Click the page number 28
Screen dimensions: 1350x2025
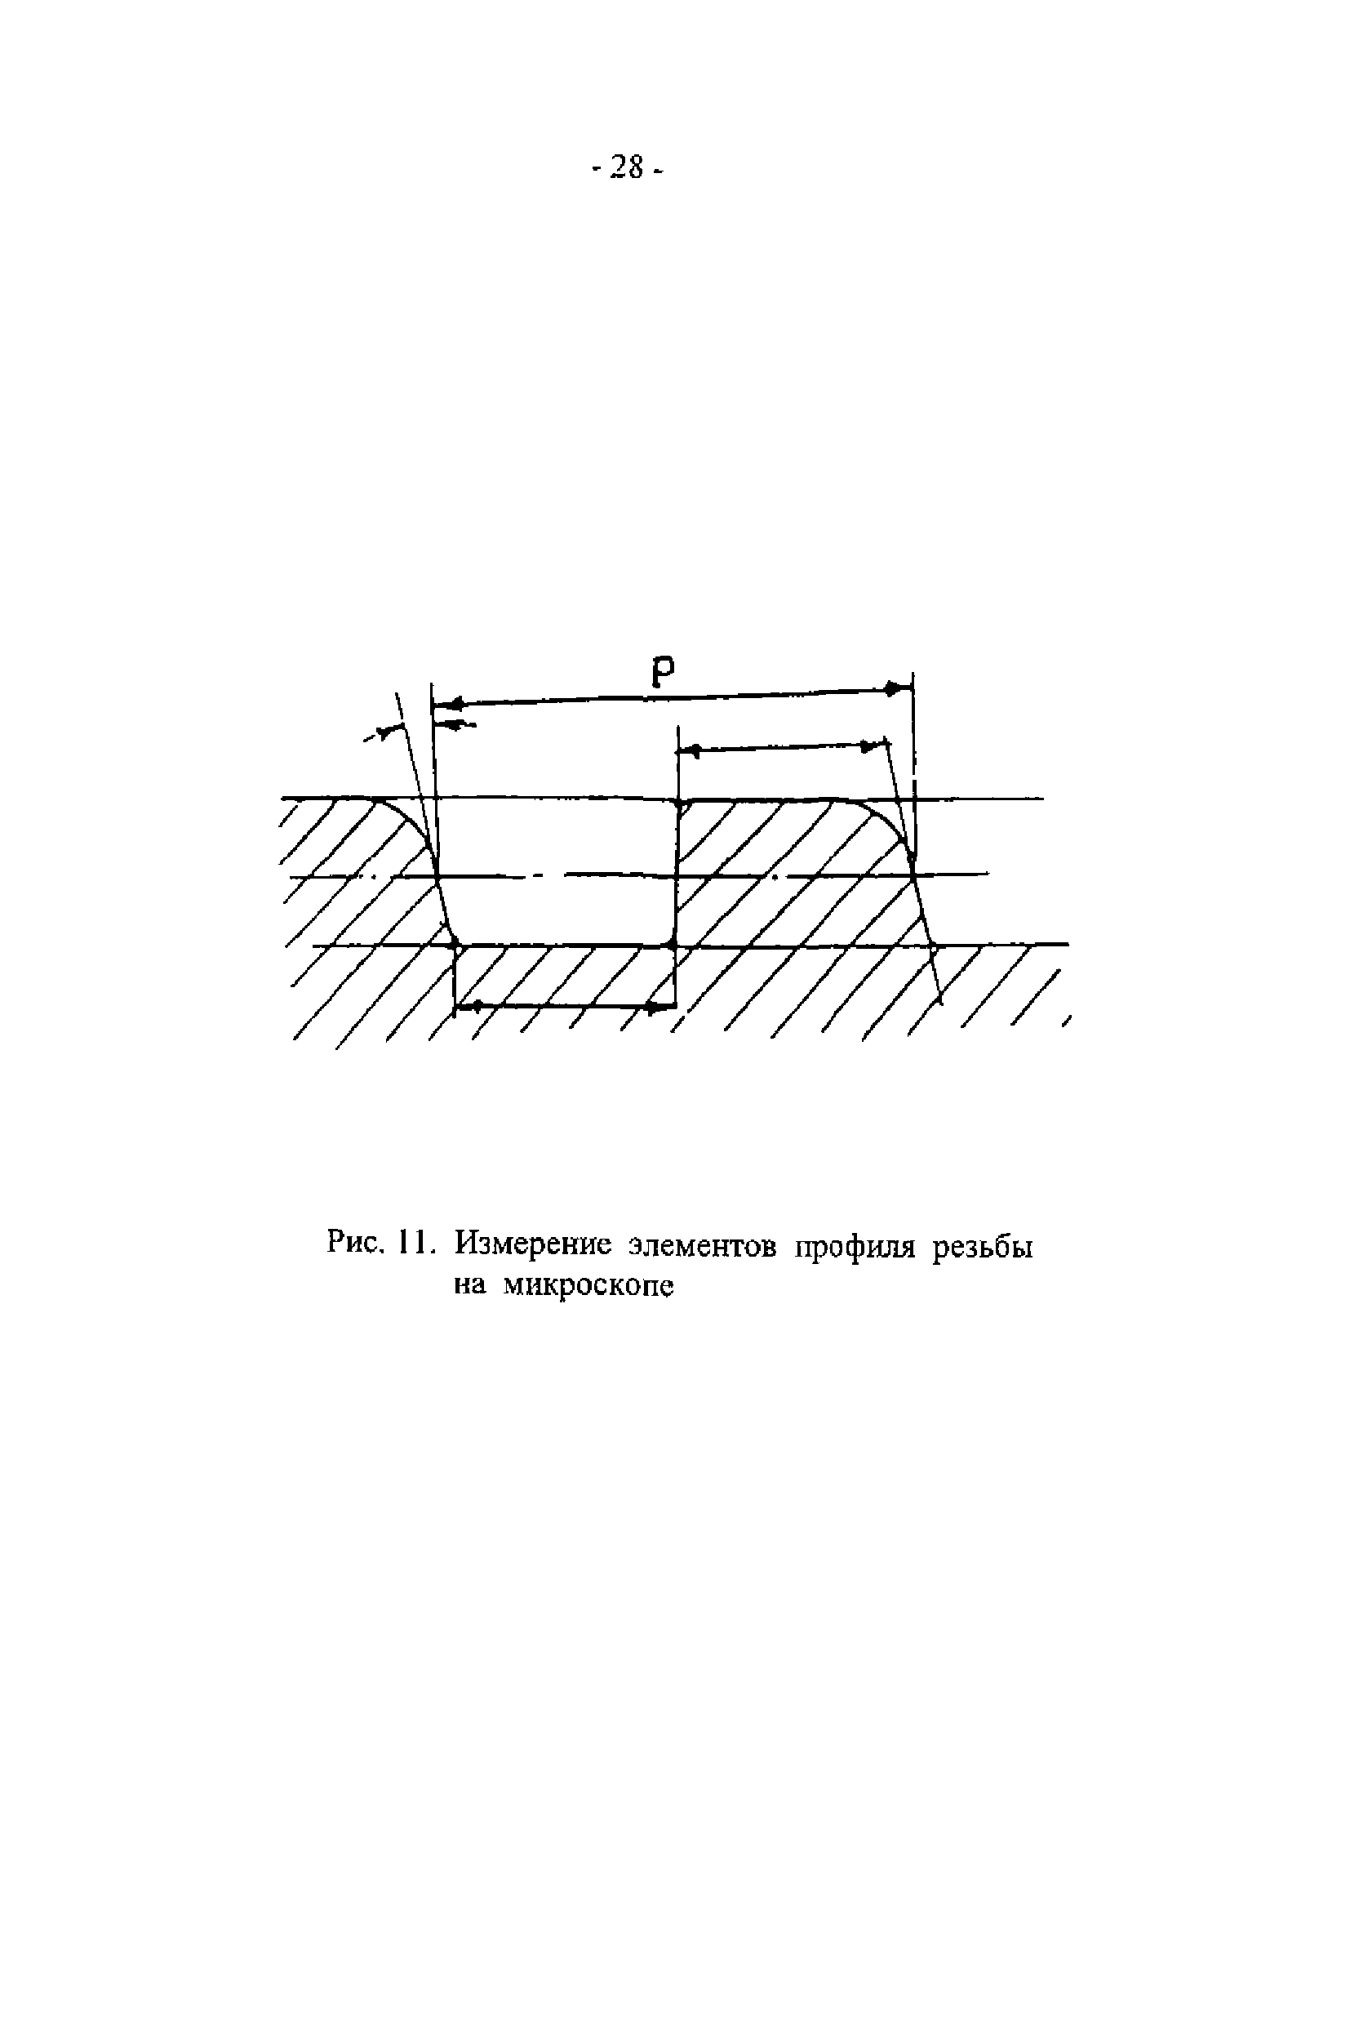pyautogui.click(x=628, y=167)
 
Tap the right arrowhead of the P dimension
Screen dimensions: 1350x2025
pyautogui.click(x=896, y=688)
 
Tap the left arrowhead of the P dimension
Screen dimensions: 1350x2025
pyautogui.click(x=449, y=704)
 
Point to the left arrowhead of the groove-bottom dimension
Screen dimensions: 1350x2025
pyautogui.click(x=466, y=1006)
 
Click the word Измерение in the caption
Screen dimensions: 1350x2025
pyautogui.click(x=533, y=1244)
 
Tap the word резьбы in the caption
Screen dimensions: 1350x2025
pyautogui.click(x=983, y=1247)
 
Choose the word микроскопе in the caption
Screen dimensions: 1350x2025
pyautogui.click(x=587, y=1286)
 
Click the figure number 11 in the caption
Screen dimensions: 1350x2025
pyautogui.click(x=413, y=1243)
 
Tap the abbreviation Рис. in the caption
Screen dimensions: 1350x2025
pyautogui.click(x=355, y=1242)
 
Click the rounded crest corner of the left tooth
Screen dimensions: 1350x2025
pyautogui.click(x=409, y=817)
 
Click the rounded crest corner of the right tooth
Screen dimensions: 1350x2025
pyautogui.click(x=882, y=817)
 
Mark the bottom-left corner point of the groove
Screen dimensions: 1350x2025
pyautogui.click(x=457, y=946)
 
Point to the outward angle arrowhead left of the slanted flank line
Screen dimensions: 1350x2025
pyautogui.click(x=389, y=731)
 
